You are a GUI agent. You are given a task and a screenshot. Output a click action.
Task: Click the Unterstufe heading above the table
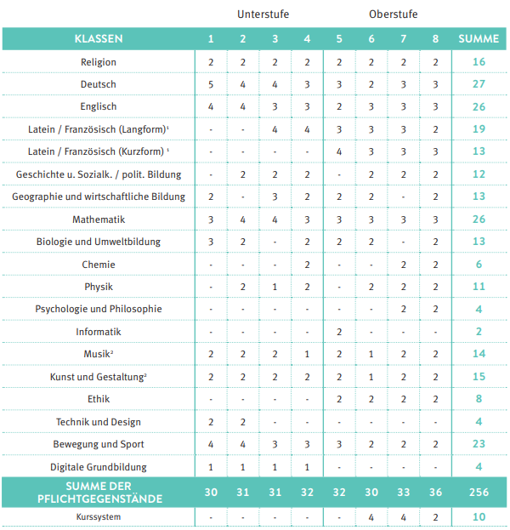[x=258, y=14]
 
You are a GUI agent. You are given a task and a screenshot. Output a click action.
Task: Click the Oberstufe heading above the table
[x=394, y=14]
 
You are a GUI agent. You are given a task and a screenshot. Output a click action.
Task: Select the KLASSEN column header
[x=99, y=39]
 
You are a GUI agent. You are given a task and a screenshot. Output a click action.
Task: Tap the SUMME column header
[x=479, y=39]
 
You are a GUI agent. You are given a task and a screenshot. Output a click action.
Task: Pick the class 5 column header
[x=339, y=39]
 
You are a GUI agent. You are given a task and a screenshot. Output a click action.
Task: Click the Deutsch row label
[x=99, y=84]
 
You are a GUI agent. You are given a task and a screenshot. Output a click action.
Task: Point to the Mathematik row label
[x=99, y=219]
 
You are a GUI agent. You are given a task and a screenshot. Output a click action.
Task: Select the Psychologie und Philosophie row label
[x=99, y=309]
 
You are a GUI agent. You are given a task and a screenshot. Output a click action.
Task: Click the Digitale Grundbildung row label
[x=99, y=466]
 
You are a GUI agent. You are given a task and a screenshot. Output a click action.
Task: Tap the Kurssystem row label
[x=99, y=516]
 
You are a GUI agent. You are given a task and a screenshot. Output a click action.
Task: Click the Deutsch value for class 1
[x=211, y=84]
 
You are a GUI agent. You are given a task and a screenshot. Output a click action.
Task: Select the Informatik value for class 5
[x=339, y=332]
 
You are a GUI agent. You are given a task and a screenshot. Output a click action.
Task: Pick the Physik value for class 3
[x=275, y=287]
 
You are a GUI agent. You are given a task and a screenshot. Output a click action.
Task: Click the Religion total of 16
[x=479, y=62]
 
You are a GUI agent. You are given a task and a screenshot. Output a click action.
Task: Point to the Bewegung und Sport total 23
[x=479, y=444]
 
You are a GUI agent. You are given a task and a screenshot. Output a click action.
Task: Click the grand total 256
[x=479, y=492]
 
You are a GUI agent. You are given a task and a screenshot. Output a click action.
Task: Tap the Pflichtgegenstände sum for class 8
[x=435, y=492]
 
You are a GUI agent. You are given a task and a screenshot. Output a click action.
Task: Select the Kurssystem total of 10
[x=479, y=516]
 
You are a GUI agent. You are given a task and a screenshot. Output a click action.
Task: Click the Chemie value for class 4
[x=307, y=265]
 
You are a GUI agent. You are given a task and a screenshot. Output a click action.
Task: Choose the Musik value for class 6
[x=371, y=354]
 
